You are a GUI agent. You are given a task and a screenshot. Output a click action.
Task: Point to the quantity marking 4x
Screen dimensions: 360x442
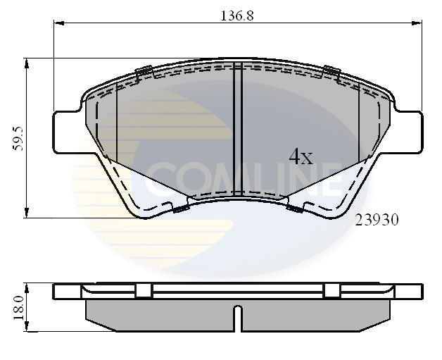coord(301,157)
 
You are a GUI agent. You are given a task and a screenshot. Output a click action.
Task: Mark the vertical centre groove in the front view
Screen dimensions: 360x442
coord(237,127)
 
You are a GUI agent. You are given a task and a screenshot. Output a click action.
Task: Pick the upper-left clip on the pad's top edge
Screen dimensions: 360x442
coord(144,70)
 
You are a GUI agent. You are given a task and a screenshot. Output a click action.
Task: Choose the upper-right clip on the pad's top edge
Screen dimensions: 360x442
coord(331,70)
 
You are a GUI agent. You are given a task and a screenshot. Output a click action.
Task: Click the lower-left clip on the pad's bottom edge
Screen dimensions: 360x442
coord(180,207)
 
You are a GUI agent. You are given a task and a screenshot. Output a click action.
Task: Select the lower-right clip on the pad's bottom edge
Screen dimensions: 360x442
coord(295,207)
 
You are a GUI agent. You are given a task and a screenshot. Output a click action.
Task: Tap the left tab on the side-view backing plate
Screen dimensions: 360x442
coord(144,291)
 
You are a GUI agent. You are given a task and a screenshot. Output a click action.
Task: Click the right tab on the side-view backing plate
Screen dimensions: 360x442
coord(331,291)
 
